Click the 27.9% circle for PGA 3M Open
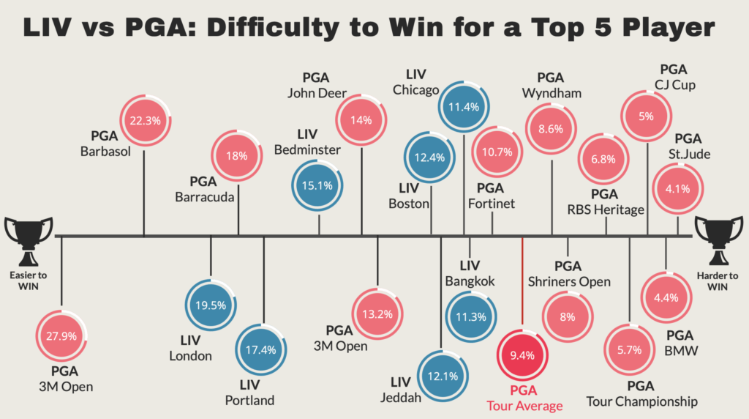pos(61,335)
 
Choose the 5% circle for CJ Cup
pos(646,116)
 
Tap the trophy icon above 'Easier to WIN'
pos(29,240)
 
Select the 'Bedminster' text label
pos(307,150)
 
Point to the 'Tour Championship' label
pos(641,401)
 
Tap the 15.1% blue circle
pos(317,185)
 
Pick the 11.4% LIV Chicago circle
pos(464,107)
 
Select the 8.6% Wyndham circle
pos(550,128)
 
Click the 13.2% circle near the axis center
pos(377,314)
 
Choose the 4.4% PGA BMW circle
pos(666,297)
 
